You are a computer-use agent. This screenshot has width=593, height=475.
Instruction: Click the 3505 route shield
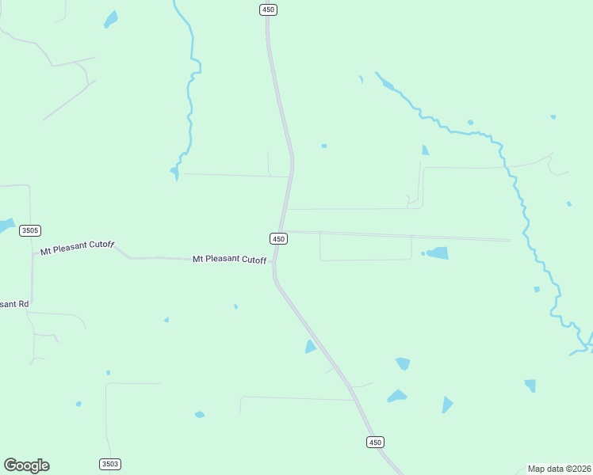click(x=30, y=230)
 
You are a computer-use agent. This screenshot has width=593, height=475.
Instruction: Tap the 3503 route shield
click(x=110, y=464)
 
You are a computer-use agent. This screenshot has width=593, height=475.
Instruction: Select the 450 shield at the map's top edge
click(x=268, y=9)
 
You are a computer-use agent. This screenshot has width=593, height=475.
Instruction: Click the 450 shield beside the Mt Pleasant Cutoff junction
click(x=277, y=238)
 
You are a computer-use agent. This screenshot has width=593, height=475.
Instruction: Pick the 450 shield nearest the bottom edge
click(x=375, y=442)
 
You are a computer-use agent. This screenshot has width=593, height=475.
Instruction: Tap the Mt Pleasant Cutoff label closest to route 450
click(x=229, y=259)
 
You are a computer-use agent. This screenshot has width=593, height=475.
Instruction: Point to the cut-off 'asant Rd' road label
click(x=14, y=304)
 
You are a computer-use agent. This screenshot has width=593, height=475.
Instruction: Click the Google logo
click(x=26, y=465)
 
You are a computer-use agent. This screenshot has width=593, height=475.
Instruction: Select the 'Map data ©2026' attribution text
click(x=559, y=469)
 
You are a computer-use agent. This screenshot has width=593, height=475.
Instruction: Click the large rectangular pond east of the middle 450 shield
click(x=437, y=253)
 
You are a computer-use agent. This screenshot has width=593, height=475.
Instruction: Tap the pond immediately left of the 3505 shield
click(x=6, y=226)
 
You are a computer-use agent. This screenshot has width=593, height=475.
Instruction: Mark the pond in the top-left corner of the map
click(x=111, y=20)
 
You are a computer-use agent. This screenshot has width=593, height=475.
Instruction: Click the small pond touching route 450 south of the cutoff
click(x=310, y=347)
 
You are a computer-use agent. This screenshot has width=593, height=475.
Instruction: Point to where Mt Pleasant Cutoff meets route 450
click(x=274, y=261)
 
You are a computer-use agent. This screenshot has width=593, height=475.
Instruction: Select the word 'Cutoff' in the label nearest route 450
click(x=254, y=260)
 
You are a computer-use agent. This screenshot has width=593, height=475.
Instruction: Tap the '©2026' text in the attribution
click(x=576, y=469)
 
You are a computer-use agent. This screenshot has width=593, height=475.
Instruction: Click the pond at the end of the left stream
click(x=174, y=170)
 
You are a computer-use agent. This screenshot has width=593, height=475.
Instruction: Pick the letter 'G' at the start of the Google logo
click(x=10, y=465)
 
